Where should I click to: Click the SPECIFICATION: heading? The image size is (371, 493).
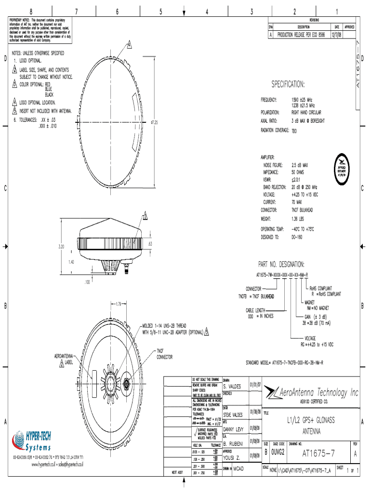tap(288, 85)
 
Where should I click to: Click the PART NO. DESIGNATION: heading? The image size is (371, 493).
tap(281, 264)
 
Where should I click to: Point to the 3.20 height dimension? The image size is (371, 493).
tap(61, 247)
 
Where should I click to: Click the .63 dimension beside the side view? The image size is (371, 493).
tap(150, 244)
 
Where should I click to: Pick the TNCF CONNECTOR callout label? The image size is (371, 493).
tap(164, 354)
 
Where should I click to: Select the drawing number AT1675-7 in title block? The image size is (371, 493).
tap(318, 453)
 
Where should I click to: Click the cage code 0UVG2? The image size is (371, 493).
tap(278, 453)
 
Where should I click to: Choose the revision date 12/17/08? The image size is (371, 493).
tap(337, 35)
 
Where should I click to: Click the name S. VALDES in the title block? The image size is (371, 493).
tap(232, 386)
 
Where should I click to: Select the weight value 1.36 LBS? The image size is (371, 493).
tap(300, 219)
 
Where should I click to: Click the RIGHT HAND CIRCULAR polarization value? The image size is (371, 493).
tap(306, 112)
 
